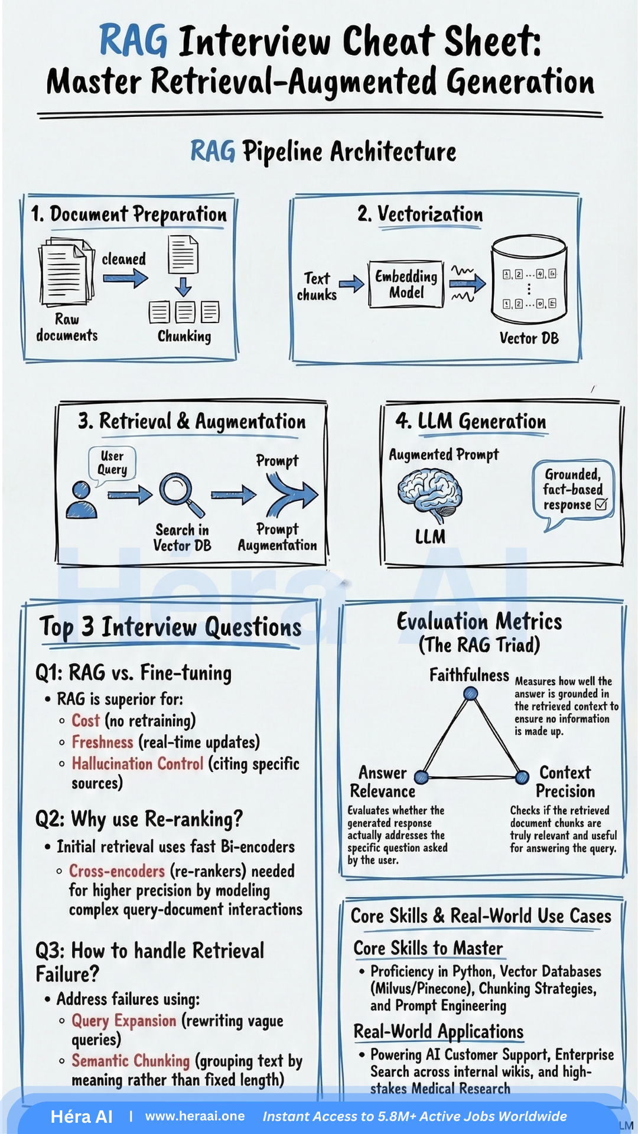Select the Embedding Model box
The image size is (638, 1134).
pyautogui.click(x=406, y=284)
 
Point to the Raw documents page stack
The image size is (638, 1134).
pyautogui.click(x=66, y=272)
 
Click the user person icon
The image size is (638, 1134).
pyautogui.click(x=81, y=500)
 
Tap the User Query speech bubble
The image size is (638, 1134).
pyautogui.click(x=112, y=463)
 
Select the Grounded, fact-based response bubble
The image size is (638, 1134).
pyautogui.click(x=573, y=490)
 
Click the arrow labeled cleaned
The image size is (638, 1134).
pyautogui.click(x=125, y=278)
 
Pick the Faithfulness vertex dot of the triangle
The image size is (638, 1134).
pyautogui.click(x=470, y=693)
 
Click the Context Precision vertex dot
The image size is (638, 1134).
pyautogui.click(x=522, y=777)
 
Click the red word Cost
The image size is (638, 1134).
pyautogui.click(x=86, y=721)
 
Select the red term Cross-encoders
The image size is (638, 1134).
pyautogui.click(x=117, y=871)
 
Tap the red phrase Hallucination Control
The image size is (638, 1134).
pyautogui.click(x=138, y=764)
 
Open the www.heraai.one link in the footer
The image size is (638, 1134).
pyautogui.click(x=195, y=1116)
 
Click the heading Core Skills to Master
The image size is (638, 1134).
pyautogui.click(x=428, y=948)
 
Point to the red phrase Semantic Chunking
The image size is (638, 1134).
pyautogui.click(x=131, y=1061)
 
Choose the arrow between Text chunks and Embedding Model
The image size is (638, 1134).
pyautogui.click(x=351, y=284)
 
